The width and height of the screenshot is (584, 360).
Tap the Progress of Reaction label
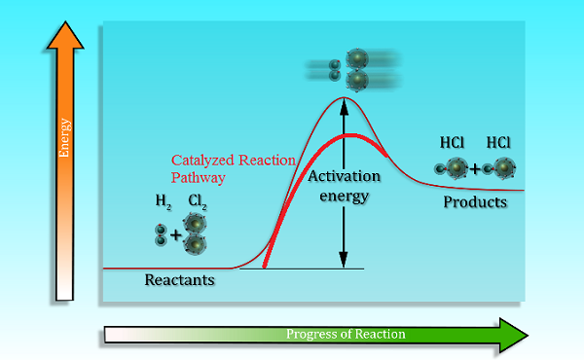(346, 335)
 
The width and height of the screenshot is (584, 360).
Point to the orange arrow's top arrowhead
(65, 37)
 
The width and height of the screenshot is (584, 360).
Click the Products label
(475, 202)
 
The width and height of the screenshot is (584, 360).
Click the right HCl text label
(499, 142)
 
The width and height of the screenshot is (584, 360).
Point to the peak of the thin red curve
(342, 98)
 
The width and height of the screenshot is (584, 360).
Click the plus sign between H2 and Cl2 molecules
(176, 235)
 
